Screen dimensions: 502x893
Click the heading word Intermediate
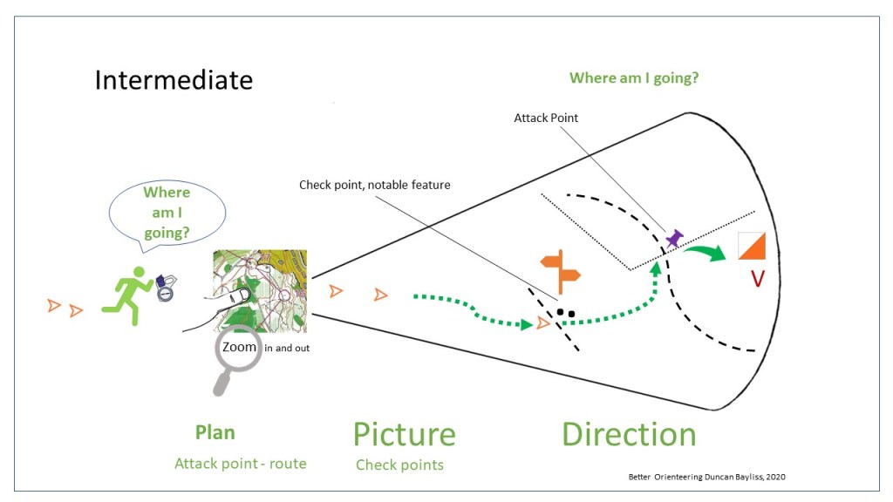pos(174,80)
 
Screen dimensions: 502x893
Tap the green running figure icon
pos(126,295)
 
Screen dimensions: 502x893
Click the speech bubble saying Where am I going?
pos(167,212)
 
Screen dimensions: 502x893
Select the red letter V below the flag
pos(758,278)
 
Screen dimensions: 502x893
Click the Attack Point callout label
pos(546,118)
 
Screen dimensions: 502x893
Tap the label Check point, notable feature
pos(374,185)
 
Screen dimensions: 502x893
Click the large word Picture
pos(404,434)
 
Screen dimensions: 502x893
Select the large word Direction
pos(629,434)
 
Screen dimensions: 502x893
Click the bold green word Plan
pos(215,432)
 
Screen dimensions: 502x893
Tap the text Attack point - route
pos(241,464)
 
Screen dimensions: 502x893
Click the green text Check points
pos(399,465)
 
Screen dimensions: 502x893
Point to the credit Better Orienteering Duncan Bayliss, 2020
pos(712,477)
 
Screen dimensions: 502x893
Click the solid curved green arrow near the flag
pos(706,252)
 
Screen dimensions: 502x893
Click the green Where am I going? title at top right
pos(634,78)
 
